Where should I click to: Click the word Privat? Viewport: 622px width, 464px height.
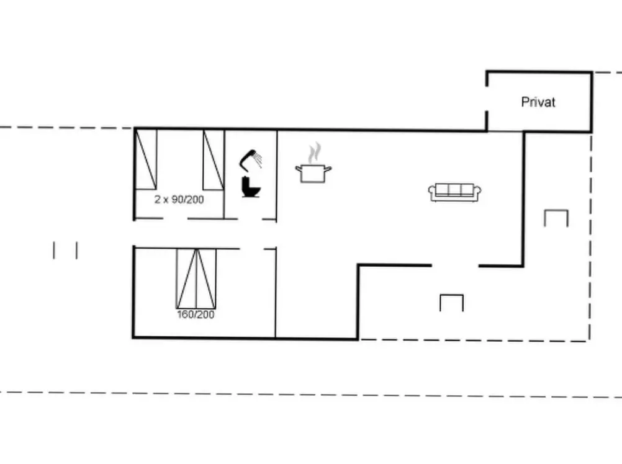coord(538,102)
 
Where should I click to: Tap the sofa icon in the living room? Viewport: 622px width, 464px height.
coord(454,192)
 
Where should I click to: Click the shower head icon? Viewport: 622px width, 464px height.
coord(250,160)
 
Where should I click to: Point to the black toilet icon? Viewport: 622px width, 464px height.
coord(251,187)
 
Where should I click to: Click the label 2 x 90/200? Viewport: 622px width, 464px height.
coord(179,199)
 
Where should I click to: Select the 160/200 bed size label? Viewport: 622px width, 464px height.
coord(196,315)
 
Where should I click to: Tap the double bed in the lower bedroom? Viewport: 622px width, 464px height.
coord(196,279)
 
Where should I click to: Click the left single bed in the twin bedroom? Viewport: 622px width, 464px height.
coord(146,159)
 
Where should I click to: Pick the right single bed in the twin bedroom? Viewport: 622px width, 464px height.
coord(214,159)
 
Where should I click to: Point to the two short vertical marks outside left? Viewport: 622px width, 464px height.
coord(65,251)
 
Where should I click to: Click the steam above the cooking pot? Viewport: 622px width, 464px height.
coord(315,153)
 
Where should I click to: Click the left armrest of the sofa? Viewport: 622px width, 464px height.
coord(431,193)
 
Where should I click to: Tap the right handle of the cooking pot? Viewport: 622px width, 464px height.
coord(328,169)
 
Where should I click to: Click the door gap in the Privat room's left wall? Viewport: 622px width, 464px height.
coord(487,99)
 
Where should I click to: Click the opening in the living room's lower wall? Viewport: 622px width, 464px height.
coord(455,265)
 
